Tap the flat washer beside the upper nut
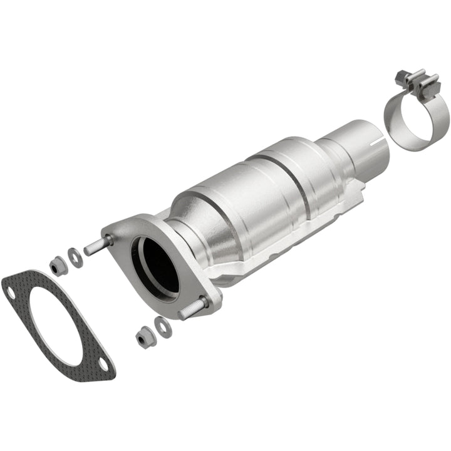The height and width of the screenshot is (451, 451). point(75,257)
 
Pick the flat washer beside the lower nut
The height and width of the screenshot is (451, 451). point(162,327)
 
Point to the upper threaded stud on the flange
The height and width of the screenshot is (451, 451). point(97,246)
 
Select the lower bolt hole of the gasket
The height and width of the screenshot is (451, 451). point(101,364)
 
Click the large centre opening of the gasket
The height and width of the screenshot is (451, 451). point(56,326)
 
